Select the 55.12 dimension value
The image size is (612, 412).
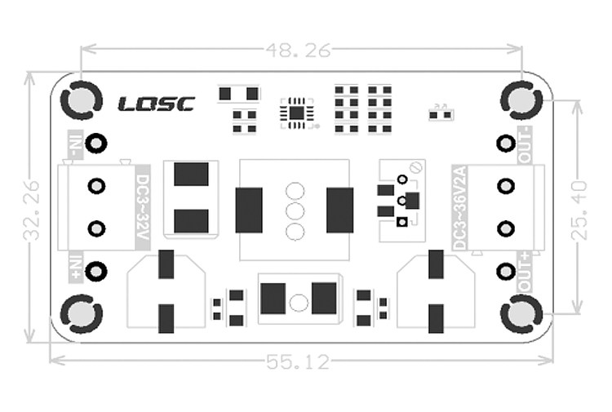[299, 362]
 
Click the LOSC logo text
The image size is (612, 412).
[156, 104]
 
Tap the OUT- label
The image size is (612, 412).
[525, 144]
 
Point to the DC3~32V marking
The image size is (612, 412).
[142, 209]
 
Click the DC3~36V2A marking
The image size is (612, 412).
[459, 209]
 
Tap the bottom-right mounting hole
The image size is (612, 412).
[521, 314]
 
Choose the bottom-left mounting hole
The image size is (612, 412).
[81, 314]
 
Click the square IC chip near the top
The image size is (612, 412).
[296, 113]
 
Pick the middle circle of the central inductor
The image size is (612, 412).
[295, 211]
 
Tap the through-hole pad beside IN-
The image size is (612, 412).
[97, 144]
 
